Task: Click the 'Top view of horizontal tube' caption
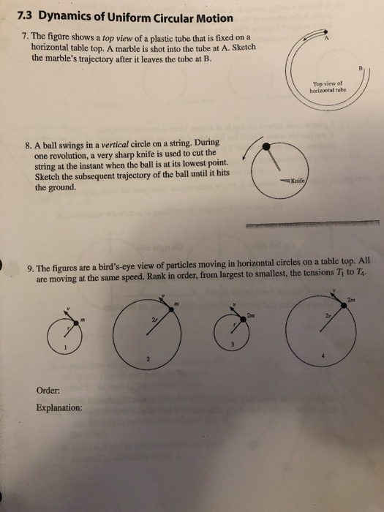coord(328,88)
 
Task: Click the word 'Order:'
coord(47,390)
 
